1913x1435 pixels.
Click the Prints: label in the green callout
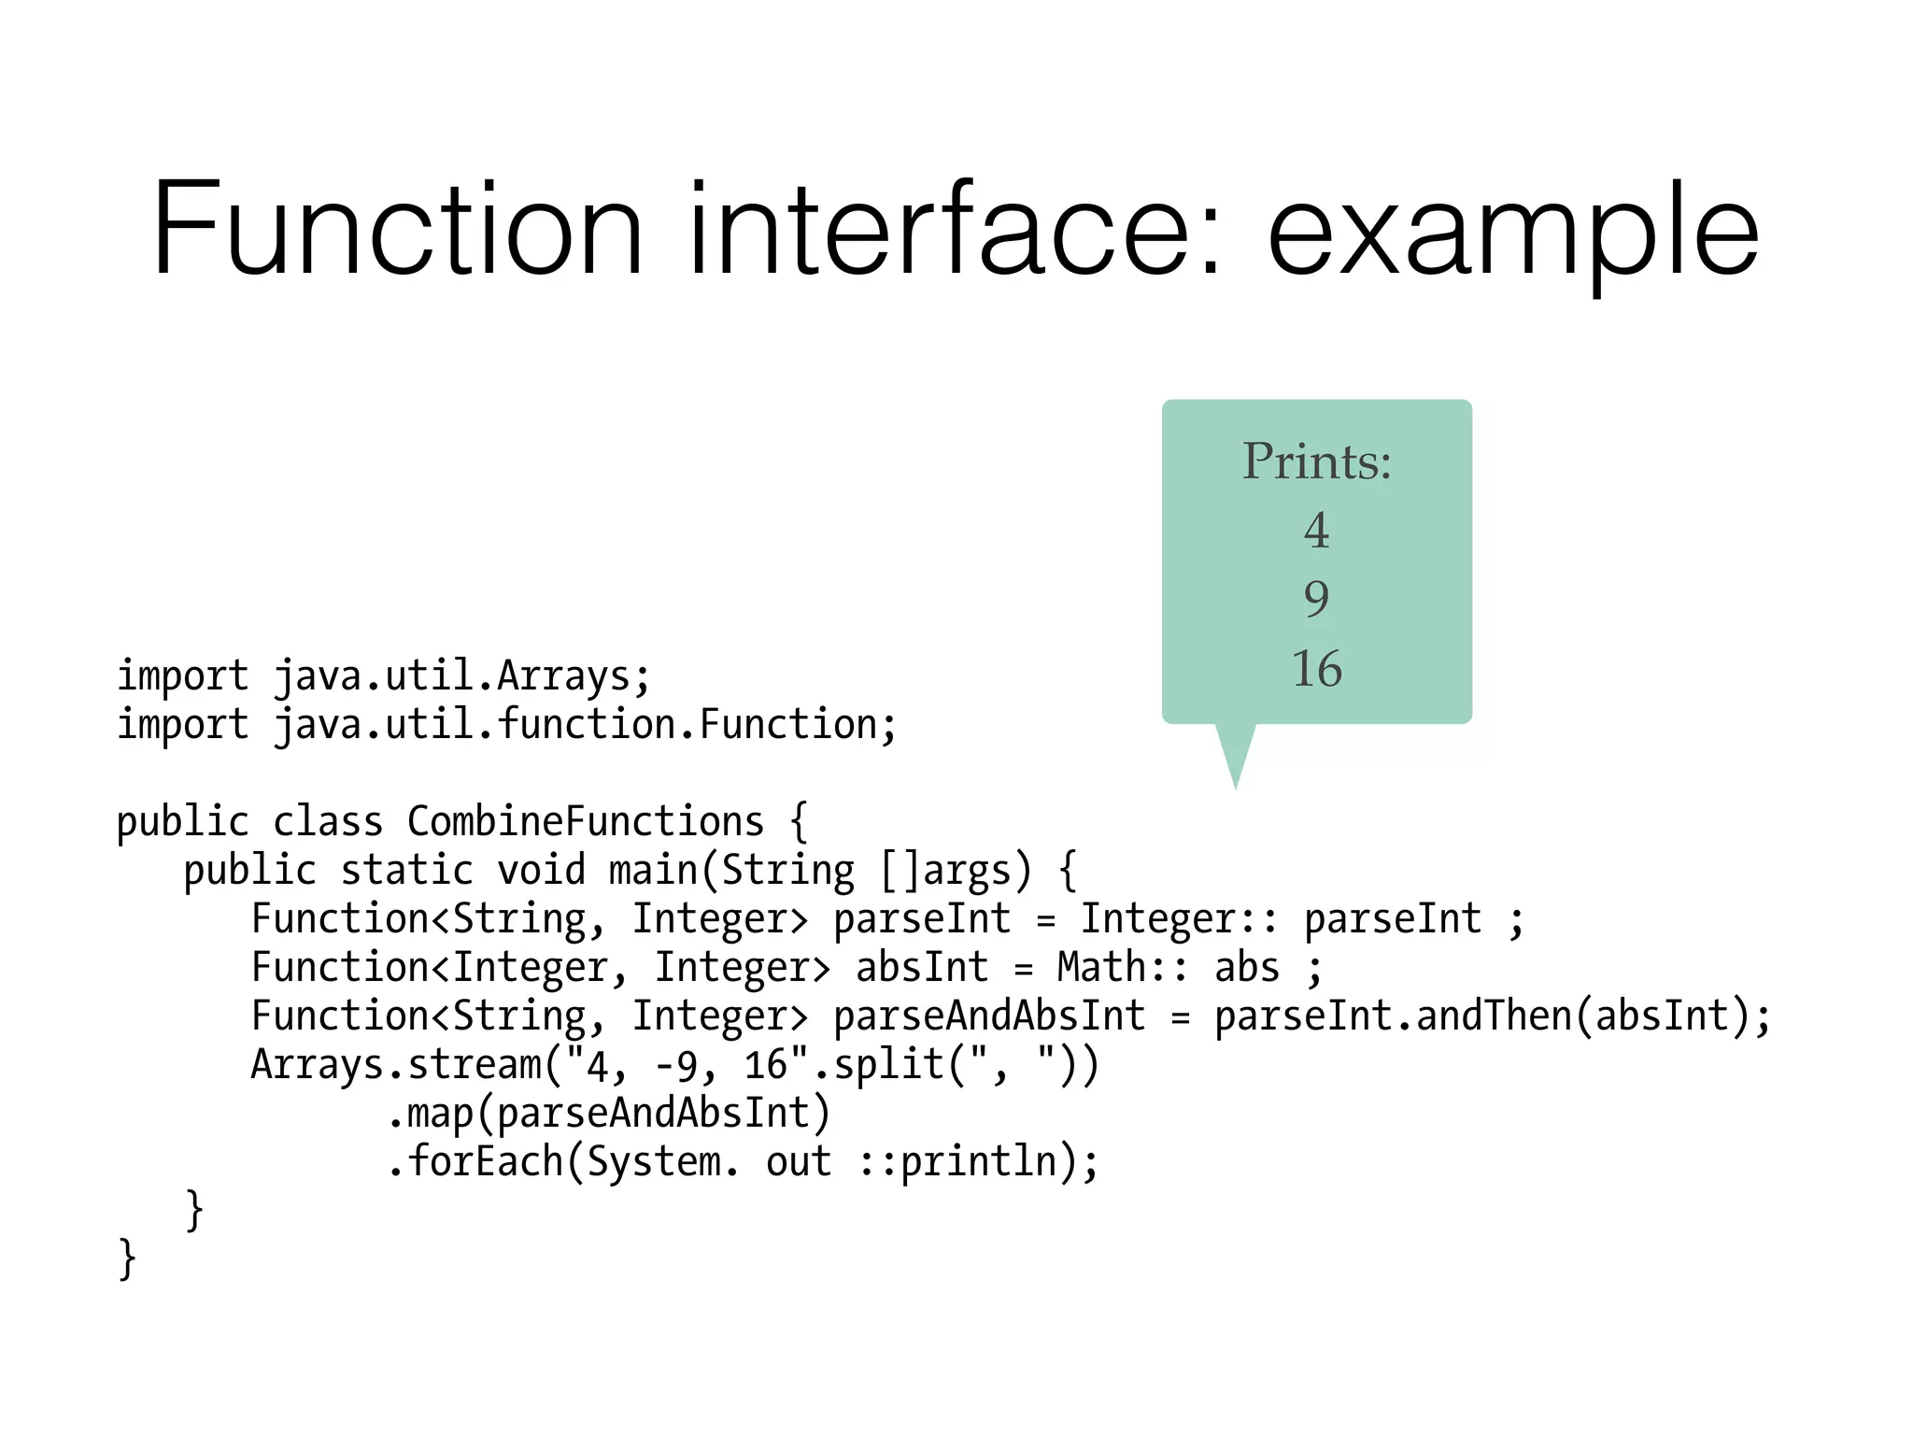(x=1316, y=462)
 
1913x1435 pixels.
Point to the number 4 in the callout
(x=1316, y=531)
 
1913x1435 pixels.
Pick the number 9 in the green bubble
(x=1316, y=599)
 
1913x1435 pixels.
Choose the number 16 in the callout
(x=1316, y=669)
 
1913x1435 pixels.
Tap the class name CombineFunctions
(x=586, y=822)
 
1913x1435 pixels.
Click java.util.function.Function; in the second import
(x=585, y=725)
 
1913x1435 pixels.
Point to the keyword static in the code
(x=406, y=871)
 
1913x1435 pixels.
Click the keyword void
(x=541, y=871)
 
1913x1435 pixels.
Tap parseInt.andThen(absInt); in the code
(x=1492, y=1016)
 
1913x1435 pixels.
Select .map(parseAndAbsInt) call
(x=608, y=1114)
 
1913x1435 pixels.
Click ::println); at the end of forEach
(x=978, y=1162)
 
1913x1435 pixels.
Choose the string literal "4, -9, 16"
(x=687, y=1065)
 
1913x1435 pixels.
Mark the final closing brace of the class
(x=127, y=1258)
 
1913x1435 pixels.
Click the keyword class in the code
(x=328, y=822)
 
